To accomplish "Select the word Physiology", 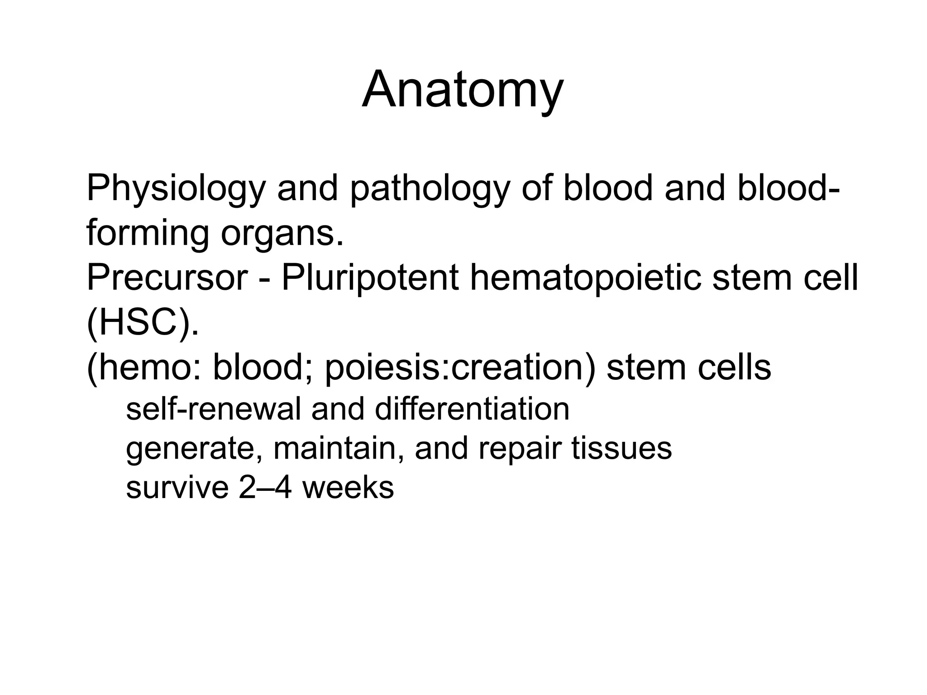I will (x=176, y=189).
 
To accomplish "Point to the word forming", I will (x=148, y=234).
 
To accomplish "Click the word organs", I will (x=282, y=234).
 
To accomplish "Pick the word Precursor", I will (x=167, y=278).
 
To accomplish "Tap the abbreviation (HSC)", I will (x=143, y=322).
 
